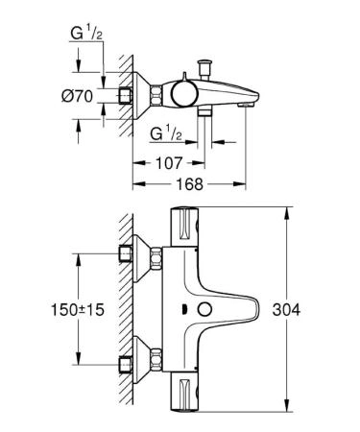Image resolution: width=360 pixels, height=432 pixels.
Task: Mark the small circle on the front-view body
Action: point(204,310)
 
